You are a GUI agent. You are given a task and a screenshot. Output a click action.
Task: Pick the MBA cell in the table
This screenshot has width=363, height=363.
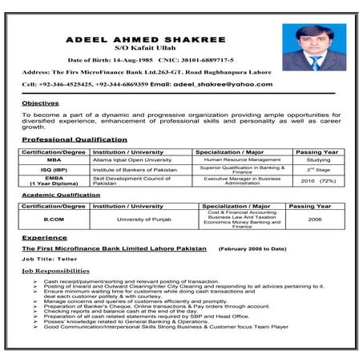(x=54, y=159)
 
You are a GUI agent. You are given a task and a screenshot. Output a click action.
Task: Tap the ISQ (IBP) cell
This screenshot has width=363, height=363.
(x=54, y=170)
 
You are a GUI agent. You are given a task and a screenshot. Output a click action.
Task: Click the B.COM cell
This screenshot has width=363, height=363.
(x=54, y=219)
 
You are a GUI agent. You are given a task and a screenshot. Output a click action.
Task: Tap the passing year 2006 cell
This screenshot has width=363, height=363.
(x=315, y=219)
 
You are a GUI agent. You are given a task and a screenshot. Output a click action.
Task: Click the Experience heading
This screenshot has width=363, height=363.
(x=44, y=238)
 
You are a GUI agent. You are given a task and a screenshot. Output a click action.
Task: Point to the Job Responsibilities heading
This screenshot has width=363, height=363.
(x=61, y=272)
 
